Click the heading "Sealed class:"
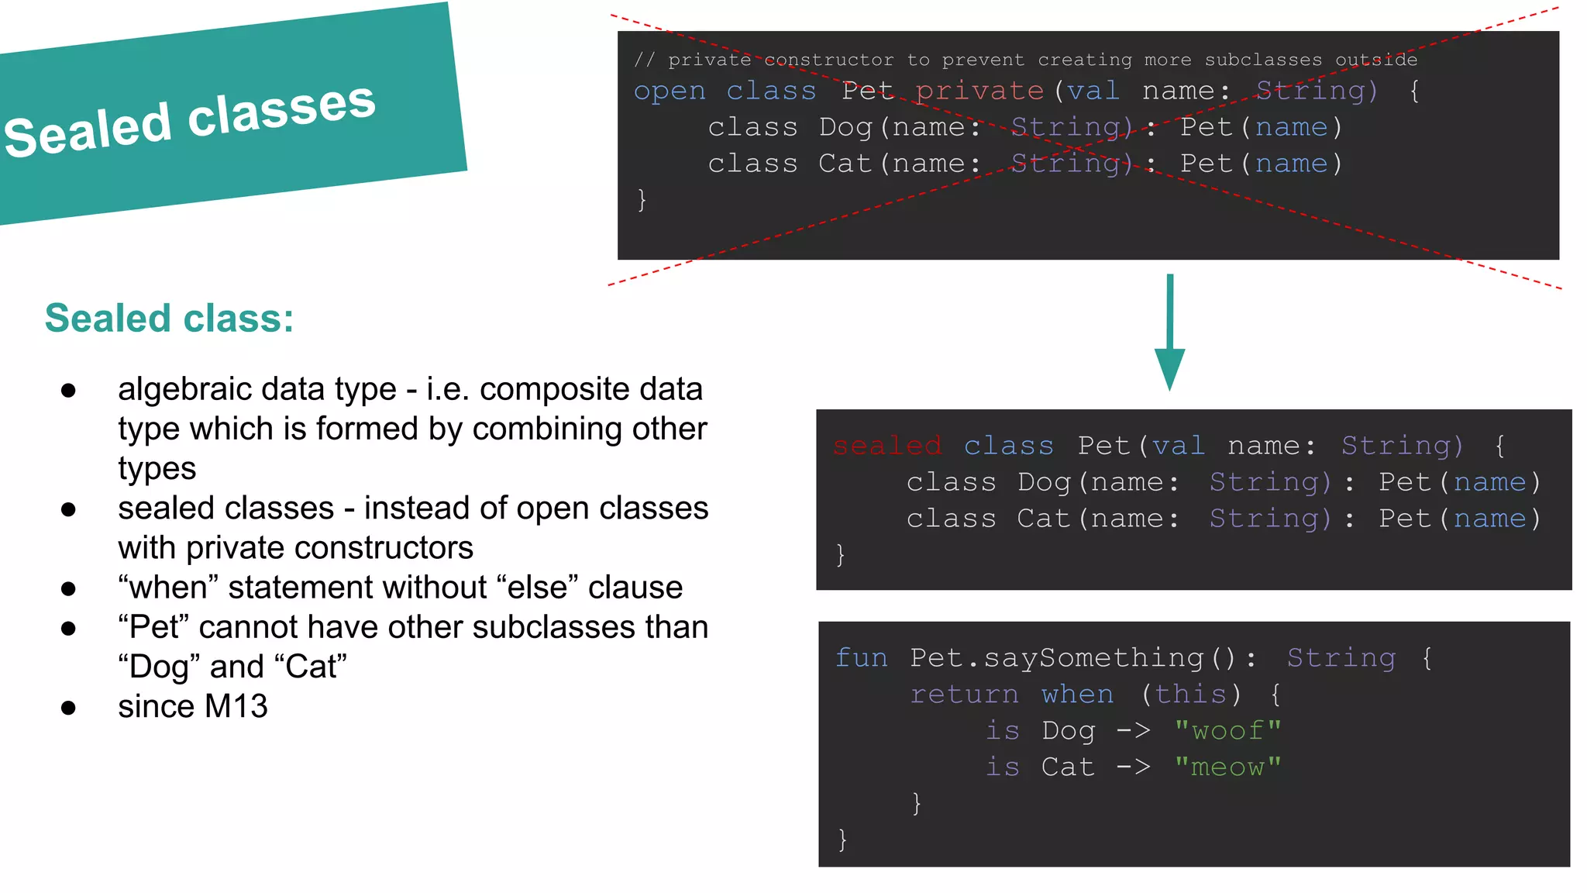coord(169,319)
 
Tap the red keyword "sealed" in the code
coord(886,446)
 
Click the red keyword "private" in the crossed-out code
coord(979,91)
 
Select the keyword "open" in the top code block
coord(670,91)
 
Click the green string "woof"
coord(1227,730)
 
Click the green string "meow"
coord(1227,767)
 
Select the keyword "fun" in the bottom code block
coord(861,657)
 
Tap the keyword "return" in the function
coord(964,694)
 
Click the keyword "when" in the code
coord(1077,694)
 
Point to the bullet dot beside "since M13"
coord(68,708)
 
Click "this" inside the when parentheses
coord(1190,694)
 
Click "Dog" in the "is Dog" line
coord(1068,730)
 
